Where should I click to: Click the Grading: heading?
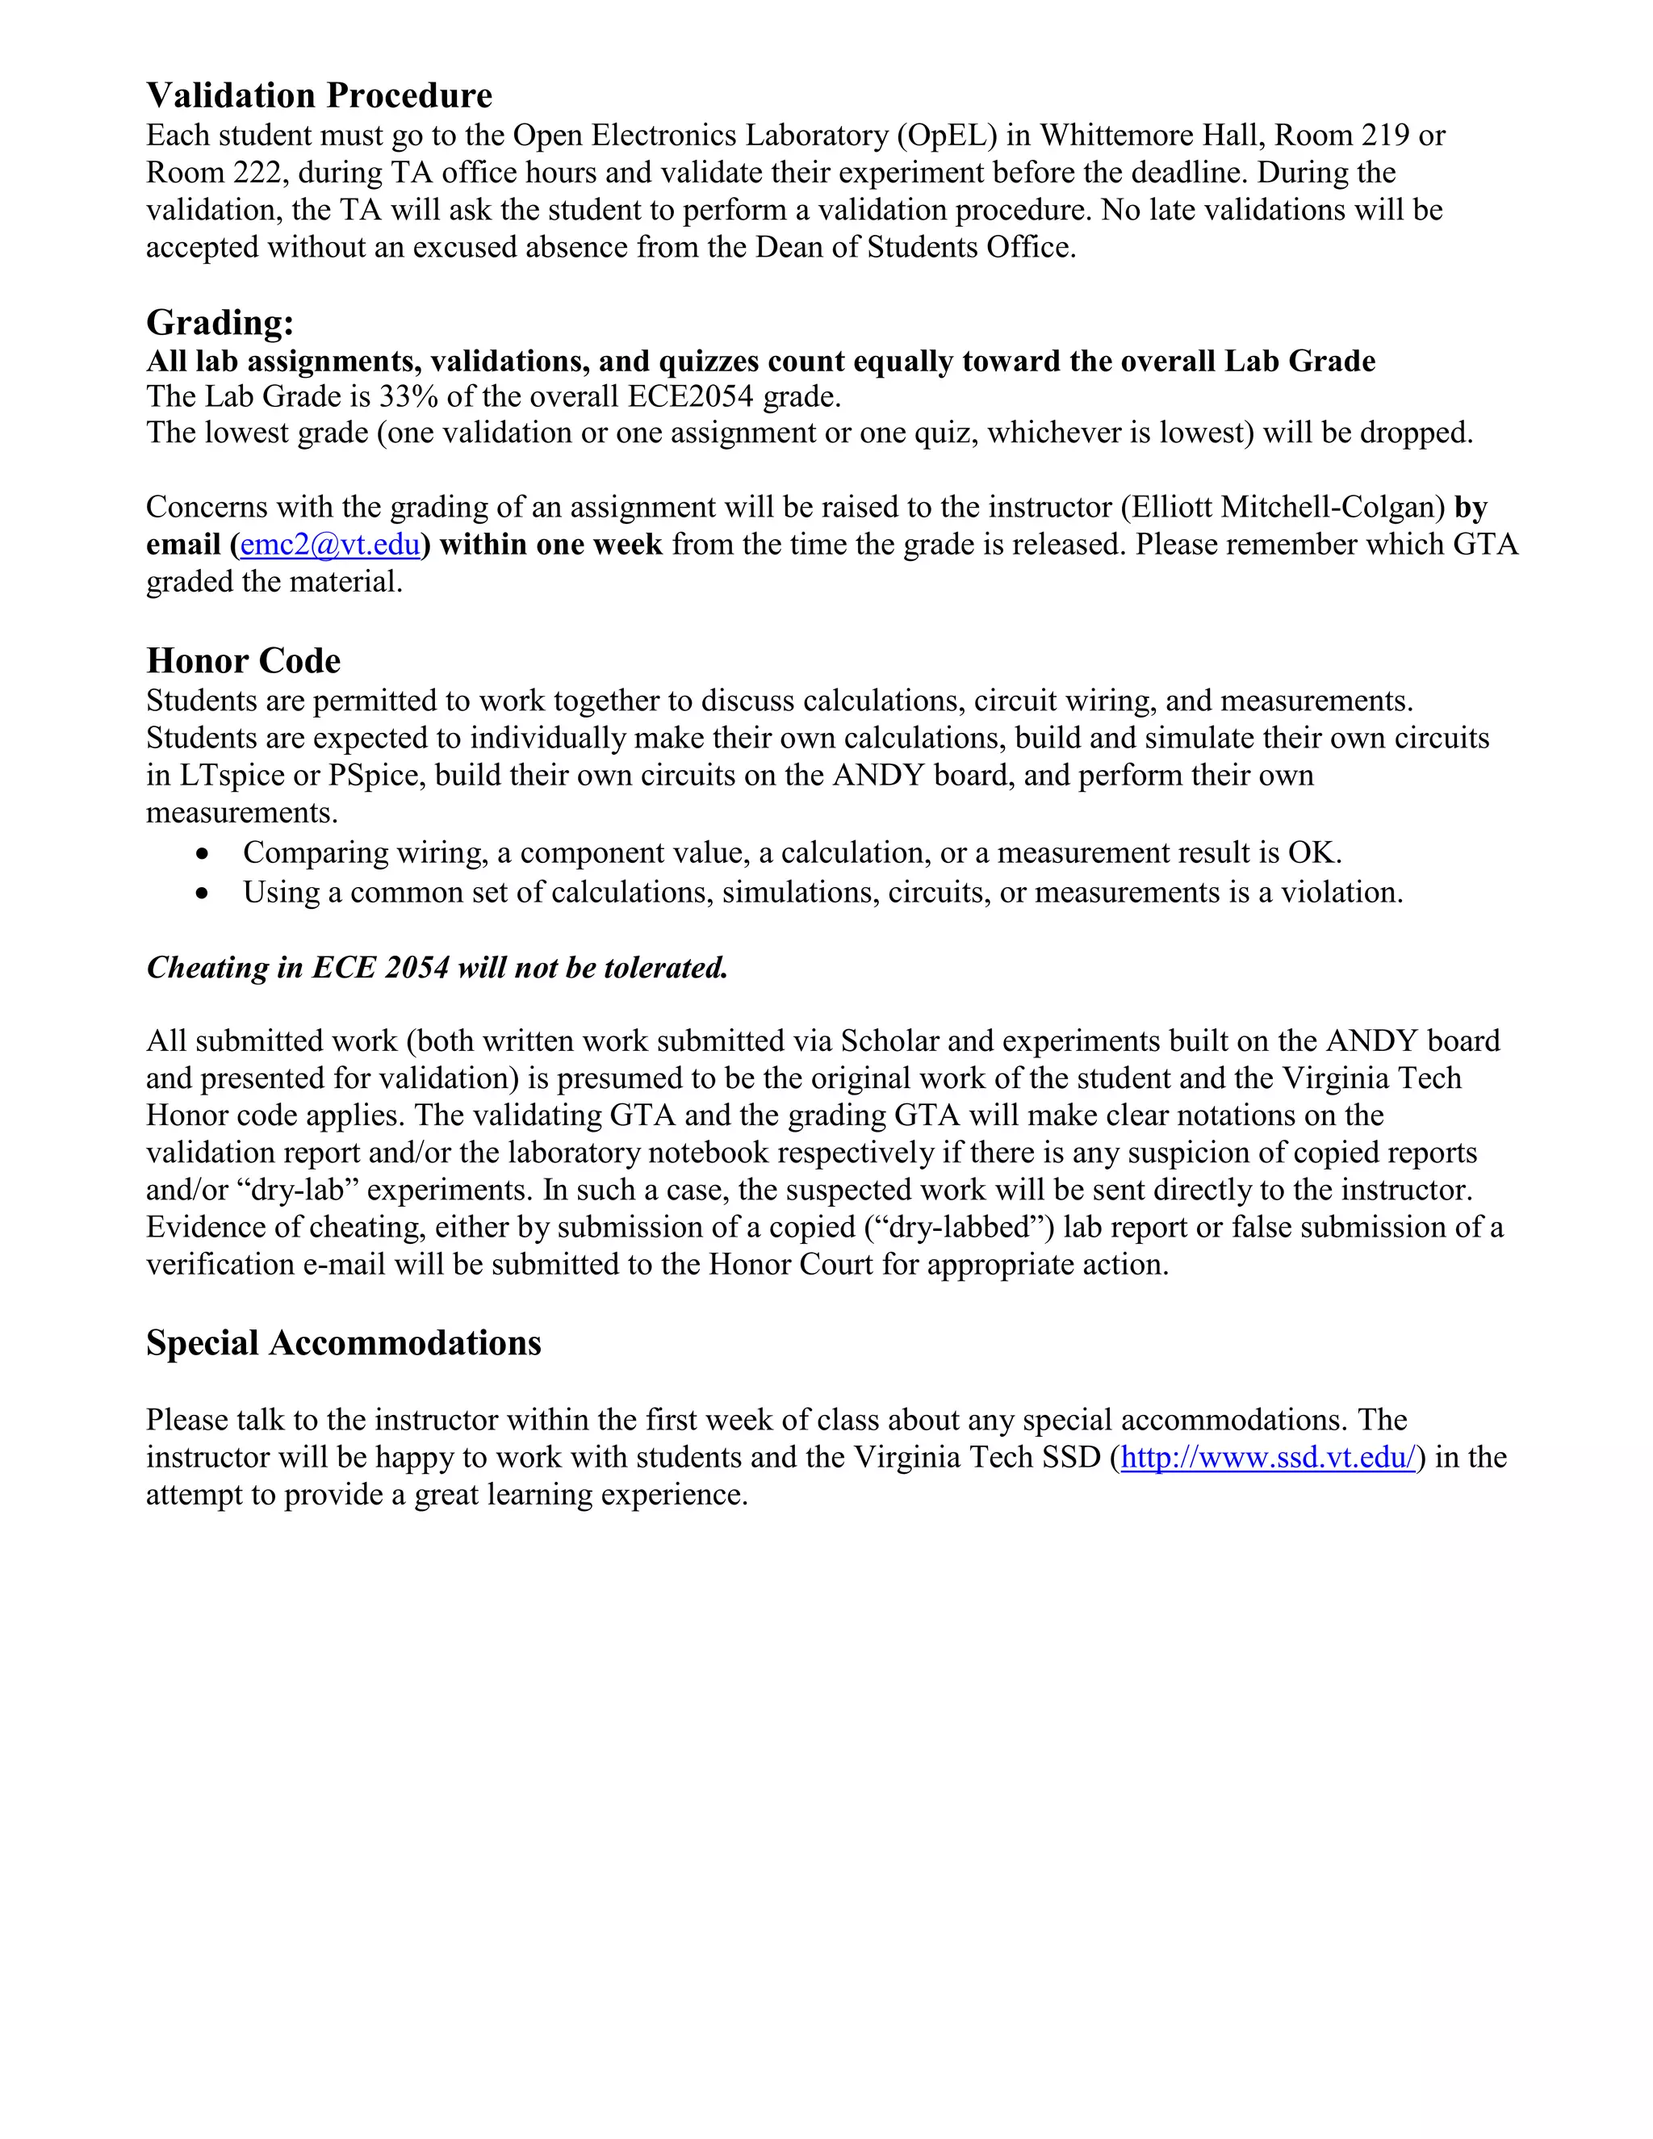point(220,322)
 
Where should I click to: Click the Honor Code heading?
point(243,661)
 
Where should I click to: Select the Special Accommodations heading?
point(343,1343)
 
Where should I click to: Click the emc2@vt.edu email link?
point(330,545)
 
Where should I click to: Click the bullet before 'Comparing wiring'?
point(202,854)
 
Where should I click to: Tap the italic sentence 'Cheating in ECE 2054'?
point(437,968)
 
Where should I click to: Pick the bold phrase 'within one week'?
point(551,545)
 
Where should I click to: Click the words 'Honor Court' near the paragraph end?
point(790,1264)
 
